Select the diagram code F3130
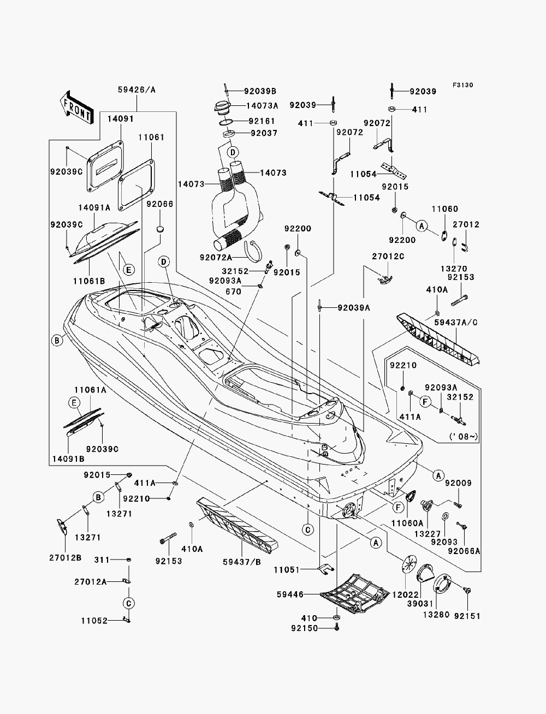[462, 85]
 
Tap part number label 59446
[290, 594]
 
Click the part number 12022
[406, 594]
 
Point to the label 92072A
[216, 257]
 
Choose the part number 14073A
[262, 105]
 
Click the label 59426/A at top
[136, 90]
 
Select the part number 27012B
[66, 557]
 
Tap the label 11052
[94, 621]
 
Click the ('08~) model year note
[464, 436]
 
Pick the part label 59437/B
[242, 562]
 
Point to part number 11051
[286, 569]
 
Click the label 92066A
[464, 551]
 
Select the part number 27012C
[388, 257]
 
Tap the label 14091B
[68, 459]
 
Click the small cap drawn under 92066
[160, 229]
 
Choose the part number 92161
[262, 121]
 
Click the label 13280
[436, 615]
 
